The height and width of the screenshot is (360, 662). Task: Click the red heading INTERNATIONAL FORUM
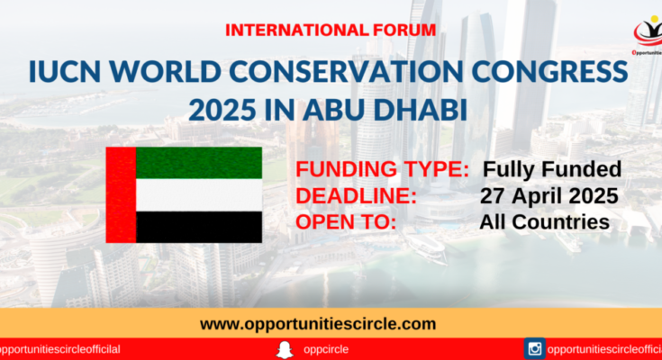tap(331, 31)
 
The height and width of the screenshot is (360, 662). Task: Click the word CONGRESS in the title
tap(549, 72)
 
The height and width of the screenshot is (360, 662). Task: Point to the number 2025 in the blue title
tap(222, 110)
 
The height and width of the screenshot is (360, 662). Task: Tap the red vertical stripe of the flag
tap(122, 195)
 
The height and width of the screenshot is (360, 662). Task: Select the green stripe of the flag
tap(199, 163)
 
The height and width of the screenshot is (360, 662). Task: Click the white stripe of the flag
tap(199, 195)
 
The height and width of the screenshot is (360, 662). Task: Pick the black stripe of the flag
tap(199, 227)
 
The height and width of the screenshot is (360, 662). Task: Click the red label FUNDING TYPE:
tap(382, 169)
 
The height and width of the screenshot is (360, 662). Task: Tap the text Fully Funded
tap(552, 170)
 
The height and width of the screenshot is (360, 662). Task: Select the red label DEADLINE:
tap(356, 196)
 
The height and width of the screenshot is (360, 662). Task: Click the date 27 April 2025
tap(549, 196)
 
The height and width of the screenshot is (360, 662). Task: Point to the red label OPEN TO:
tap(346, 222)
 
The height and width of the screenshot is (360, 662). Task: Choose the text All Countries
tap(544, 222)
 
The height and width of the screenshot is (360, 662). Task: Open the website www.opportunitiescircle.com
tap(318, 324)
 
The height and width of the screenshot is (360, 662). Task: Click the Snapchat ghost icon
tap(285, 349)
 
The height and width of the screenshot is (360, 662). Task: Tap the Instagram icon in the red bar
tap(534, 348)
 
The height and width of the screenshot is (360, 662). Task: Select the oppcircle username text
tap(326, 350)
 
